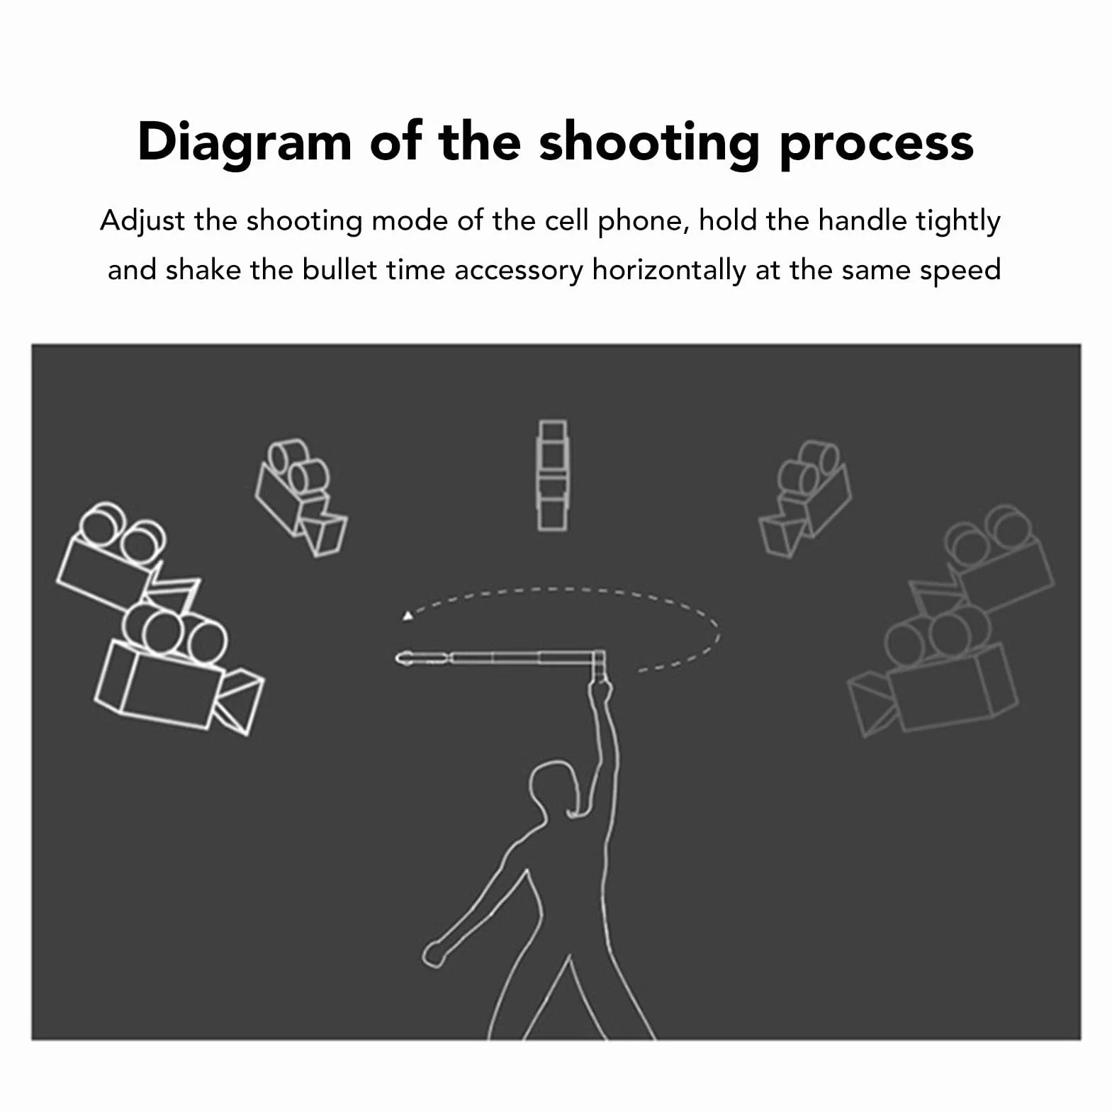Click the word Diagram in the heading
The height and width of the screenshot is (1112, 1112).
point(245,143)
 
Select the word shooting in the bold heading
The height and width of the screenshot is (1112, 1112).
point(650,143)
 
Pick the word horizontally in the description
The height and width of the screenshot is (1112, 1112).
point(669,271)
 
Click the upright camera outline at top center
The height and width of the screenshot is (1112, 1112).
point(552,475)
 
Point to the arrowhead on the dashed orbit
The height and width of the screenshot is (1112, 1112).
point(408,616)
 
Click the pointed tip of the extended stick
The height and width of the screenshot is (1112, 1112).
point(399,658)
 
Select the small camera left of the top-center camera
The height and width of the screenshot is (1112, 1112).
point(301,497)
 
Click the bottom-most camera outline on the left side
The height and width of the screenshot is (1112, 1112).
point(177,670)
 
